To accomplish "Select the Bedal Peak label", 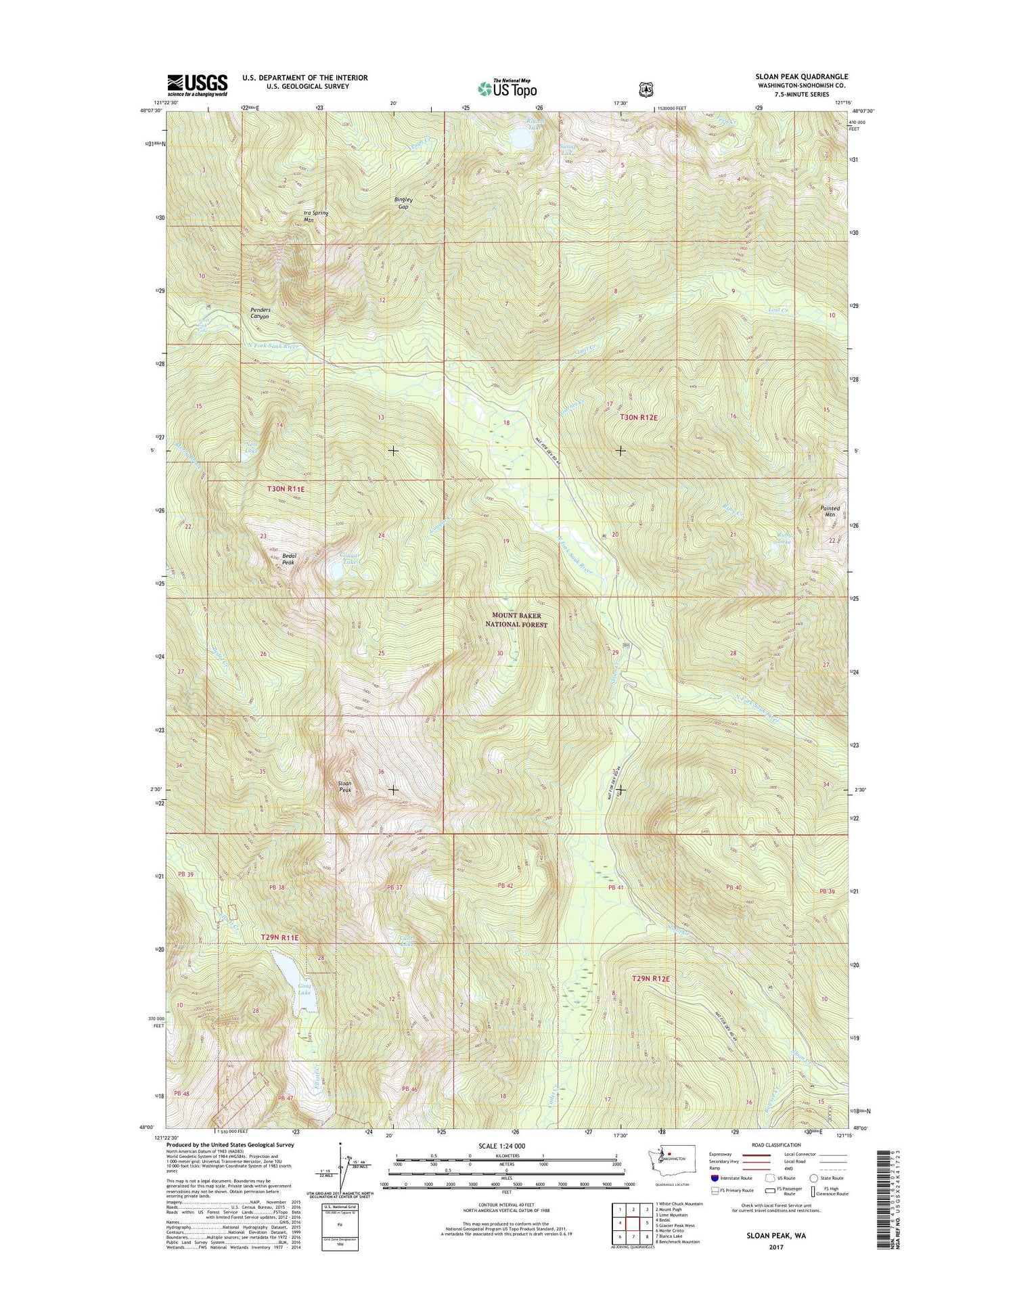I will (288, 558).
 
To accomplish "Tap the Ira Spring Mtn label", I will (315, 216).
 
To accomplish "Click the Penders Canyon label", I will (261, 313).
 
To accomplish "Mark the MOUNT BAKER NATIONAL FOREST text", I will (520, 620).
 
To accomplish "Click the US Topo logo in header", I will (507, 89).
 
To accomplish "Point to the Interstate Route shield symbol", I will (715, 1178).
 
